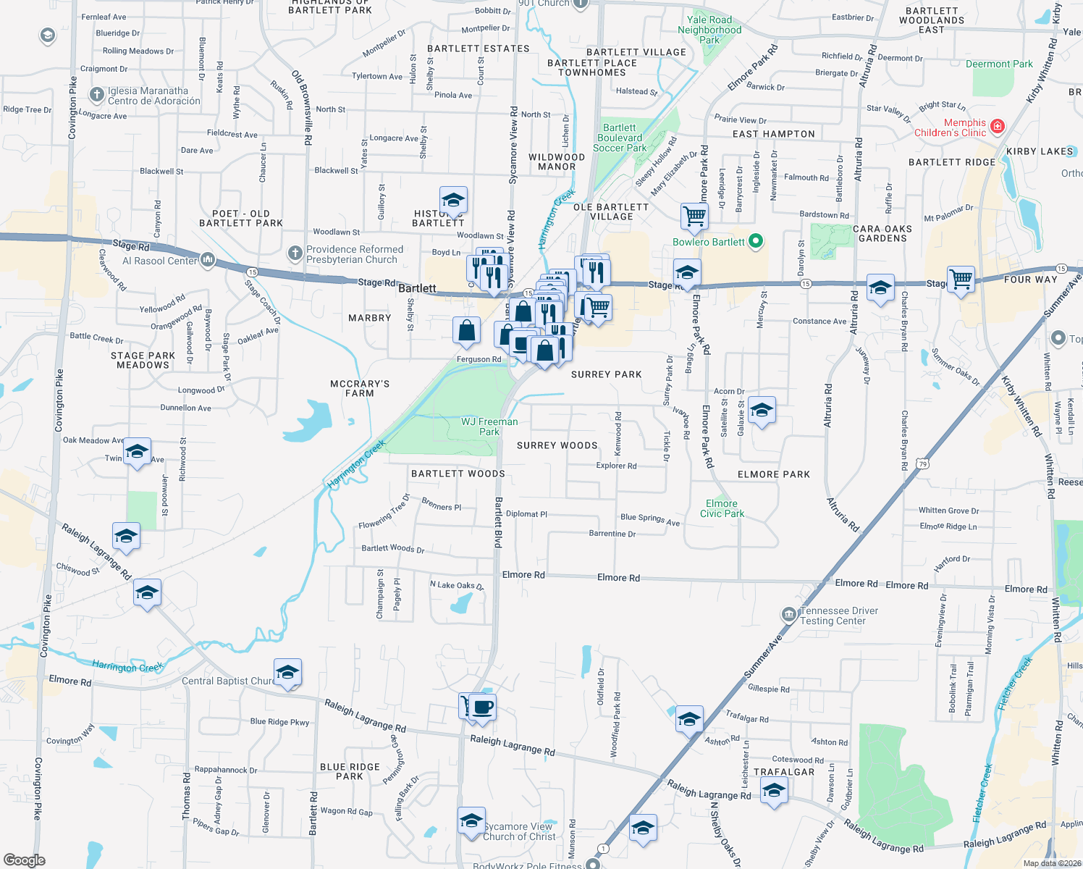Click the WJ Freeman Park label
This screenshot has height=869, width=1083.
point(489,427)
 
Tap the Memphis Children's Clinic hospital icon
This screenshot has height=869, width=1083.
point(998,127)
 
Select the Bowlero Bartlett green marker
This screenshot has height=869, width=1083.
point(756,241)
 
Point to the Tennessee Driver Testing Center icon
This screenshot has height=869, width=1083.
point(788,615)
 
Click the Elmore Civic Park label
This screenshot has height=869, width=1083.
point(722,508)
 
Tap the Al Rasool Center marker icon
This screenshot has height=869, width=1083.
point(208,260)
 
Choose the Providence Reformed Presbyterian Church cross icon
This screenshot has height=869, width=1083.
point(295,253)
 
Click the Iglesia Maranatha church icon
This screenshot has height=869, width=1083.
point(97,95)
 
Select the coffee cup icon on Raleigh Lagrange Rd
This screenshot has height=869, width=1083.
point(482,706)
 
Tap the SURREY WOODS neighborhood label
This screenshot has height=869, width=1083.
point(557,445)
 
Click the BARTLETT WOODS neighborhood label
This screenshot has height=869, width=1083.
point(458,474)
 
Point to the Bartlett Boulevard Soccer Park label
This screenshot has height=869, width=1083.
point(620,138)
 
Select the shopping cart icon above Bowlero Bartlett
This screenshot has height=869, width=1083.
point(694,215)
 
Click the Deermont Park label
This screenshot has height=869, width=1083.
point(999,64)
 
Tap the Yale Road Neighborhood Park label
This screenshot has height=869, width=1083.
point(709,30)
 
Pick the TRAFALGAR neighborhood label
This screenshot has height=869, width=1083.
point(784,772)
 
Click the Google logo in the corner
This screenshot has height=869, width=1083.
point(25,860)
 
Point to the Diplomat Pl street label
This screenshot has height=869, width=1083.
point(526,514)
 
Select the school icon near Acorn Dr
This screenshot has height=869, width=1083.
point(762,411)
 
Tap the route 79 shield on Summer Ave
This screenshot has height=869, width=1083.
point(922,463)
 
